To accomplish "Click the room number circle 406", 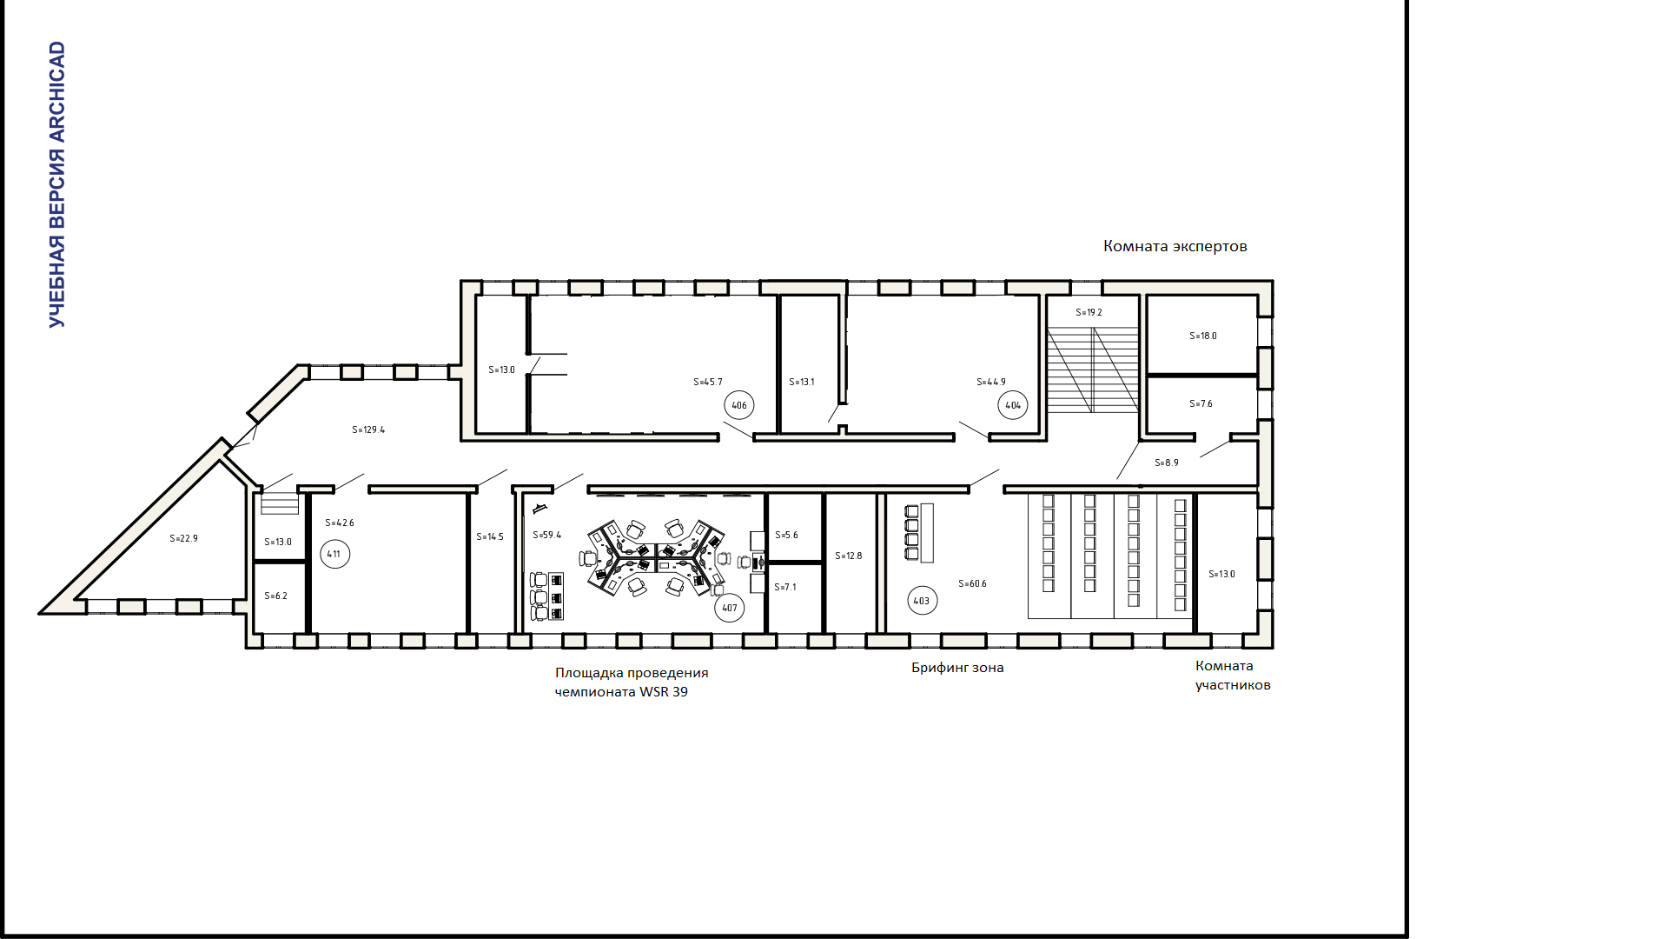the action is (739, 405).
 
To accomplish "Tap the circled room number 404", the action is (1013, 405).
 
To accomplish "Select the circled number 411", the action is (334, 554).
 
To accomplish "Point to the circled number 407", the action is (730, 608).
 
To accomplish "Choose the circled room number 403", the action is (923, 601).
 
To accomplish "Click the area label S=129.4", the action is (368, 430).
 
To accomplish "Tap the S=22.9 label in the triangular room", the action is (183, 538).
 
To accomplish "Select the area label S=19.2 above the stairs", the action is (1089, 312).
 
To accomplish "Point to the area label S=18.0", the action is (1203, 336).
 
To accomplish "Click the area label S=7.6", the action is (1201, 403).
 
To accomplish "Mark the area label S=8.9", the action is (1167, 463).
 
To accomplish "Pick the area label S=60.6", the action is (972, 583).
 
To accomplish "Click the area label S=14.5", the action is (490, 536).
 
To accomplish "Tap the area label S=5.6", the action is (786, 535).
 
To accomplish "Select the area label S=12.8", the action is (849, 556).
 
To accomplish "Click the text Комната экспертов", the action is (1175, 246).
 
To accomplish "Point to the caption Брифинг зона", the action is (957, 668).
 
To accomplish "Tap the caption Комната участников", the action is (1233, 676).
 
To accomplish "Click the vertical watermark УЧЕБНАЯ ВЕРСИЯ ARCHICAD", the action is (57, 184).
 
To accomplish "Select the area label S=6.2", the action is (275, 596).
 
